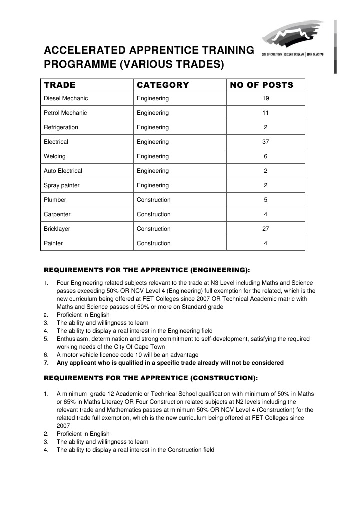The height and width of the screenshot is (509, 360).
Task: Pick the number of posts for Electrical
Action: (266, 142)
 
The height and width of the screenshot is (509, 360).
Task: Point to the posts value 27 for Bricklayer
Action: (266, 229)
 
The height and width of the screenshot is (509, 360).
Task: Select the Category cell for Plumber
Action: (153, 200)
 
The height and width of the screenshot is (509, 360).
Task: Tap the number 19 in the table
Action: (266, 98)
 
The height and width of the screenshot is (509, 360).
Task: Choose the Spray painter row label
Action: (62, 185)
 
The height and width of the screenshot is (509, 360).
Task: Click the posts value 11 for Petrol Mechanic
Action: (266, 113)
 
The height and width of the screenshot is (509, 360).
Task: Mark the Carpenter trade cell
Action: (57, 214)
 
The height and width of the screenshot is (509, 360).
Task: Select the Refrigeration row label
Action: (61, 127)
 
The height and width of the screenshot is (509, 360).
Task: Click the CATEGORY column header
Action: (163, 85)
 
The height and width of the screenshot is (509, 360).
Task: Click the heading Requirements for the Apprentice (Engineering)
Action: (147, 270)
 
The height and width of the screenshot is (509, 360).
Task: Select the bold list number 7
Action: (46, 363)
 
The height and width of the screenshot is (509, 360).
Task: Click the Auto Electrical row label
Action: (63, 171)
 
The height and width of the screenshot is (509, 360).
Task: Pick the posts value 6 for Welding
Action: (266, 156)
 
